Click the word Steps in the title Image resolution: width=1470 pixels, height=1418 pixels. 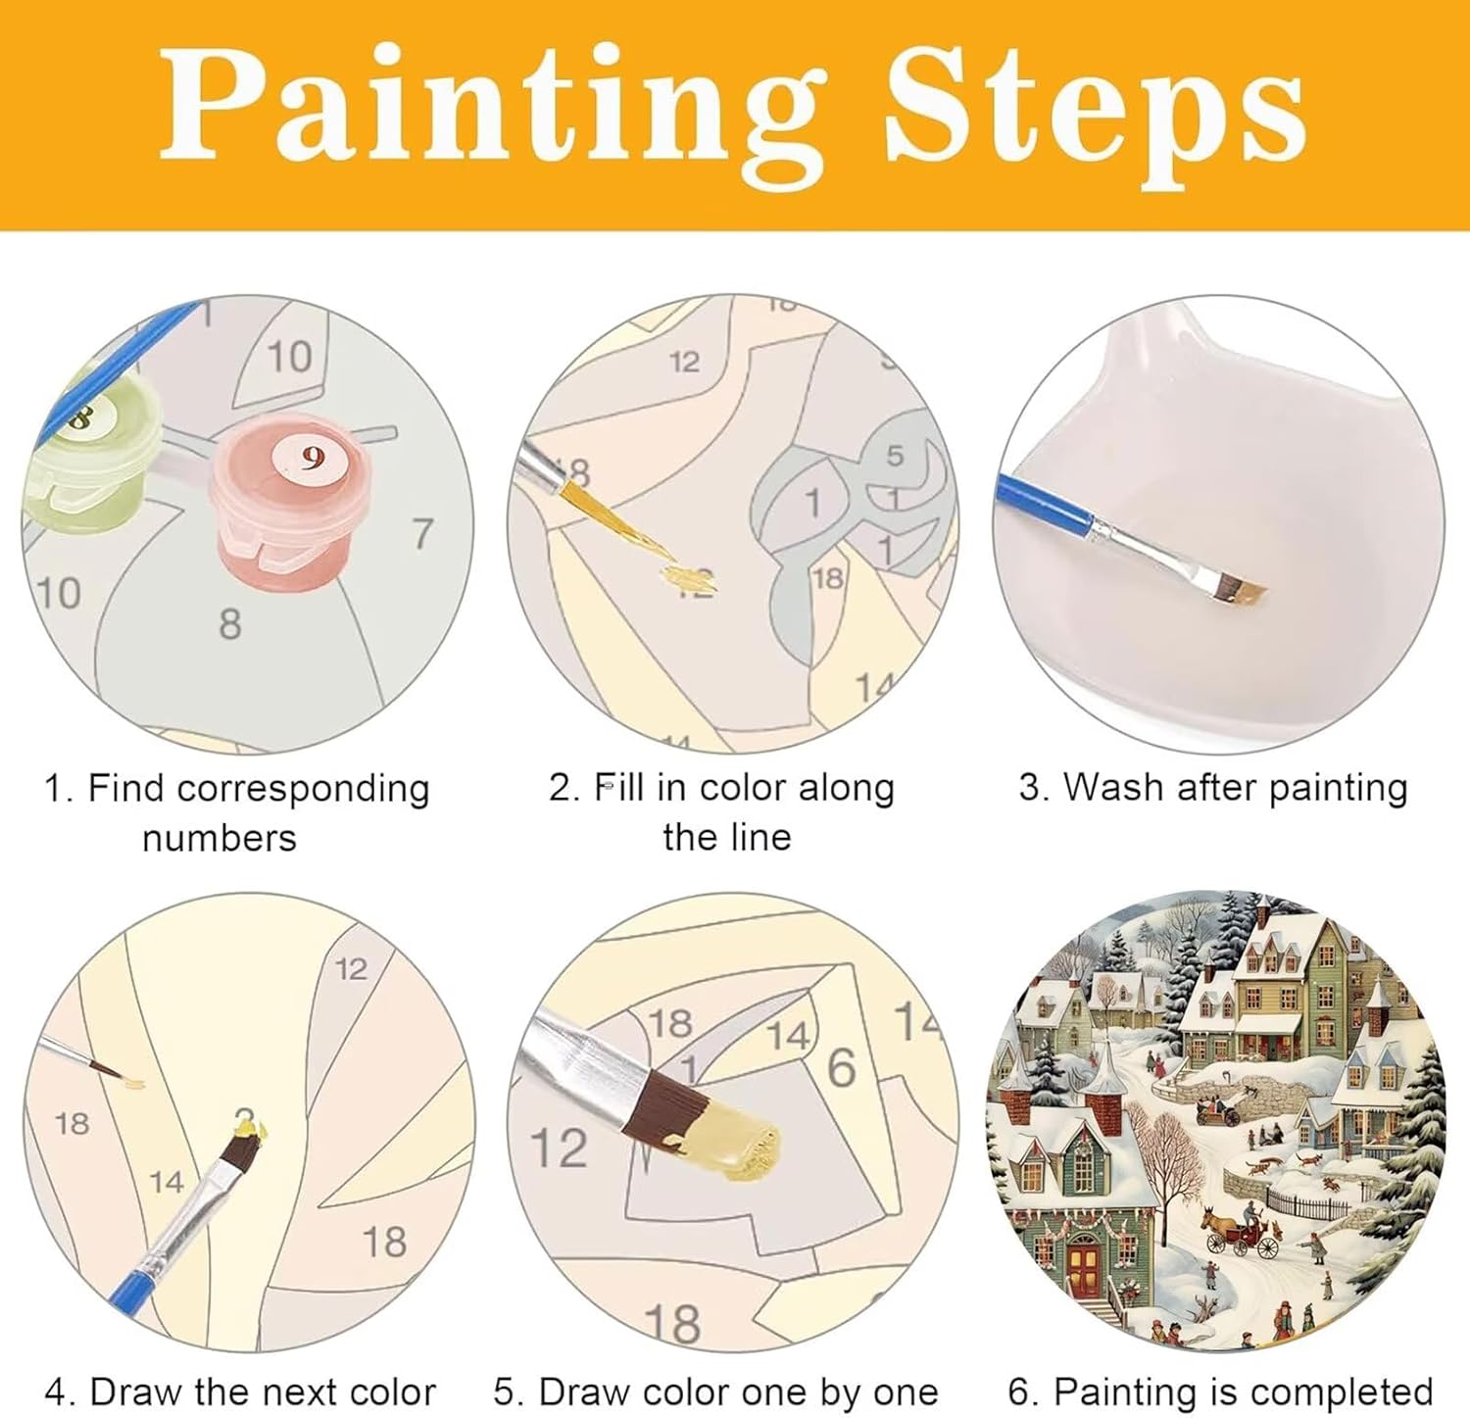pos(1095,109)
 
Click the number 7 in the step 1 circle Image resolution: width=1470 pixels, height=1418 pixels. pos(422,534)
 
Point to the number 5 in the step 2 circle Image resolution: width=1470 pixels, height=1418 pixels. pos(895,456)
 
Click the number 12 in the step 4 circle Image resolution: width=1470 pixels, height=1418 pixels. pos(351,969)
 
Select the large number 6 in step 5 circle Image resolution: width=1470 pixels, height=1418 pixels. pos(842,1067)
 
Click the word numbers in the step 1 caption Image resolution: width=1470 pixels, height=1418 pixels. pos(220,839)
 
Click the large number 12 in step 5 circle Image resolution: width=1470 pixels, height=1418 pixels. pos(560,1149)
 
